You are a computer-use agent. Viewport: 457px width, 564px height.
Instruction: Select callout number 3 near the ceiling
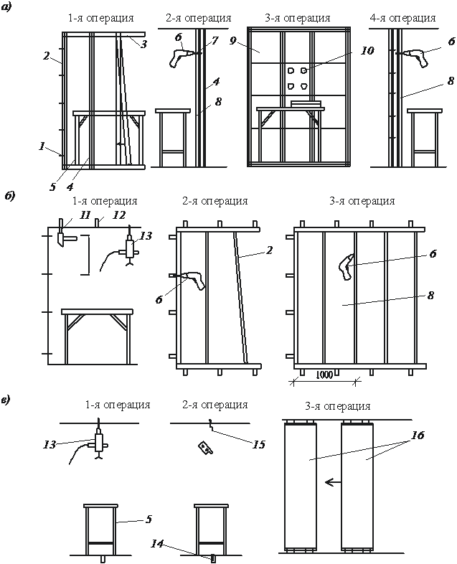(145, 45)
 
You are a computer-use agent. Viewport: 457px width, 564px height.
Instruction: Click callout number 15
(259, 445)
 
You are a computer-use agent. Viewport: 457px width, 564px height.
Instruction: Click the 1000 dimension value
(325, 374)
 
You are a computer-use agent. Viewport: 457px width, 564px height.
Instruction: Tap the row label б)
(12, 194)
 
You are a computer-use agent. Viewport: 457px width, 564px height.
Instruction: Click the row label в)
(12, 399)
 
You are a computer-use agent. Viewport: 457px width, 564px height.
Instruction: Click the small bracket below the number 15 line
(207, 447)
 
